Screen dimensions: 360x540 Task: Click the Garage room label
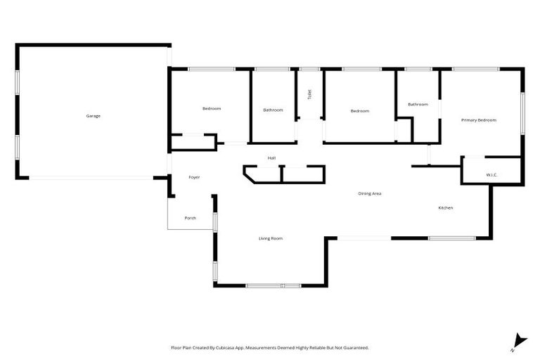pyautogui.click(x=94, y=115)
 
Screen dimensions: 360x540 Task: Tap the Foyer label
pyautogui.click(x=194, y=177)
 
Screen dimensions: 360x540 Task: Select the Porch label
pyautogui.click(x=190, y=218)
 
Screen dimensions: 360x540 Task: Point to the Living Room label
pyautogui.click(x=271, y=239)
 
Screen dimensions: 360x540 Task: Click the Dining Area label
pyautogui.click(x=370, y=193)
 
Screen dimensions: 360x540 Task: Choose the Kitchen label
pyautogui.click(x=445, y=208)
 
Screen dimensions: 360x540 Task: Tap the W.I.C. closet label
pyautogui.click(x=491, y=174)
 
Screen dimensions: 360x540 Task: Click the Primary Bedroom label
pyautogui.click(x=479, y=120)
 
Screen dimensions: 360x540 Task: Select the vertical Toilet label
pyautogui.click(x=309, y=94)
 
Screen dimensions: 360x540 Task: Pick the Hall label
pyautogui.click(x=271, y=157)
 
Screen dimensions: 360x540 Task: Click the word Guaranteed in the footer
pyautogui.click(x=354, y=347)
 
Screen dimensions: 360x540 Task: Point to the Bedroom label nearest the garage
pyautogui.click(x=212, y=108)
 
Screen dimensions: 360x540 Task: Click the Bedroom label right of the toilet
pyautogui.click(x=360, y=110)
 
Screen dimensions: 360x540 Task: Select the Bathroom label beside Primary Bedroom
pyautogui.click(x=418, y=104)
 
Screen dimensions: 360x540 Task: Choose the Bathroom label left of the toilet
pyautogui.click(x=273, y=110)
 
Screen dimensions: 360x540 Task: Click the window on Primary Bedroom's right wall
pyautogui.click(x=522, y=112)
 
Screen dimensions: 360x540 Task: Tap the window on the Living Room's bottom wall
pyautogui.click(x=274, y=285)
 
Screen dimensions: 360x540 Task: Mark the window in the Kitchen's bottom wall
pyautogui.click(x=451, y=238)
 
